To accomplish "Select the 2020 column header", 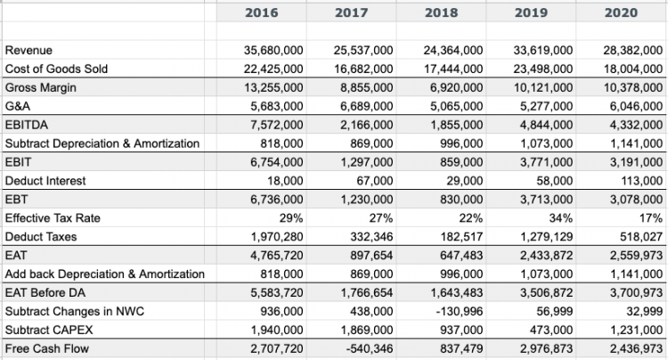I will (x=621, y=13).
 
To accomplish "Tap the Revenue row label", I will (x=29, y=51).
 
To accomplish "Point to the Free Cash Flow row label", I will (x=47, y=348).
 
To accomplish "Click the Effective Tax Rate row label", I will (x=53, y=218).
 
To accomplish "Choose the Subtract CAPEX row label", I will (x=51, y=330).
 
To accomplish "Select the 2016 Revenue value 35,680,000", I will (x=273, y=51).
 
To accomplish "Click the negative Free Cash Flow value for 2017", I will (x=369, y=348).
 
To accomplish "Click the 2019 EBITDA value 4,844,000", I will (x=546, y=126).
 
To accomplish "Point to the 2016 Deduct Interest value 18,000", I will (x=286, y=181).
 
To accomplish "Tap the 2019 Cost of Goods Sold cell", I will (x=542, y=70).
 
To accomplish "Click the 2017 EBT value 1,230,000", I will (x=366, y=200).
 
